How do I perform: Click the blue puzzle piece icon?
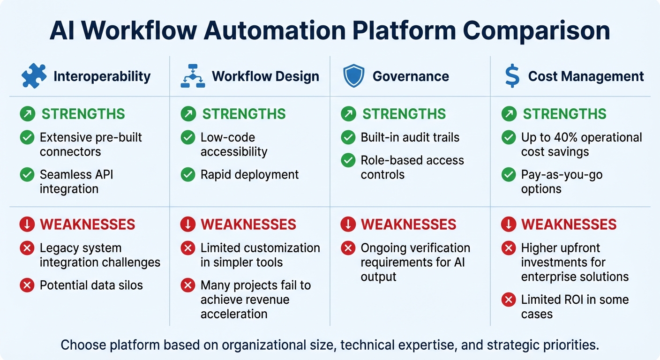[x=34, y=76]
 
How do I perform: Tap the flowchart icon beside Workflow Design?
[x=193, y=76]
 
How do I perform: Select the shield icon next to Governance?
[x=353, y=76]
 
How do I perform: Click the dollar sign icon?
[x=512, y=76]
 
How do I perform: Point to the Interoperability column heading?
[x=102, y=76]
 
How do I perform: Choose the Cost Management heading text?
[x=586, y=76]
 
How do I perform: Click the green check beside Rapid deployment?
[x=188, y=175]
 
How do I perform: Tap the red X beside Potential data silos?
[x=27, y=285]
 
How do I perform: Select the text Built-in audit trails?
[x=410, y=137]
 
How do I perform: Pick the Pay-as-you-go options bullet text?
[x=562, y=182]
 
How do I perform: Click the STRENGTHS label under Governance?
[x=404, y=114]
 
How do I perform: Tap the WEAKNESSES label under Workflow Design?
[x=248, y=225]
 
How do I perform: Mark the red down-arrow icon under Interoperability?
[x=27, y=225]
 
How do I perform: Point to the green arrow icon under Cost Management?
[x=509, y=114]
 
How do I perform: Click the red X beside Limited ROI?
[x=509, y=300]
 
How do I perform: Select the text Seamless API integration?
[x=76, y=182]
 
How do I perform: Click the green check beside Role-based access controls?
[x=348, y=160]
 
